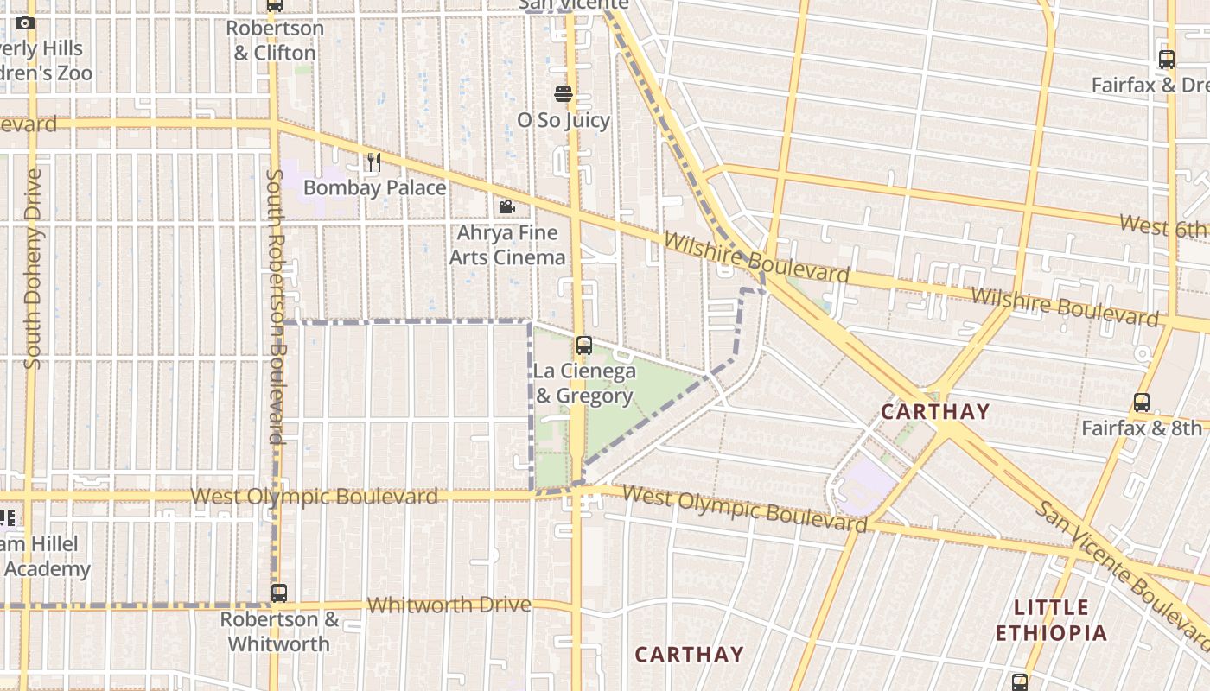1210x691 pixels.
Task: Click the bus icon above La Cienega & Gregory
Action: [x=584, y=345]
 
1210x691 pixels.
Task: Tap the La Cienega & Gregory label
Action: [x=584, y=384]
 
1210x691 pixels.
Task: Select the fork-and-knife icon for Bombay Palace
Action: [x=373, y=162]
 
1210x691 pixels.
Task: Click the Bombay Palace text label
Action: [x=374, y=187]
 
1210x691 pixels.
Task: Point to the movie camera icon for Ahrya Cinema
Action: [x=507, y=207]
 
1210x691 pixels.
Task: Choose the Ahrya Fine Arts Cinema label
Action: [x=507, y=245]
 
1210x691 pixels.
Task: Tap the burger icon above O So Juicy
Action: [x=564, y=94]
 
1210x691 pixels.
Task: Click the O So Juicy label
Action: [x=564, y=120]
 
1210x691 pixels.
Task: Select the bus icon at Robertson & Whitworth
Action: [x=278, y=593]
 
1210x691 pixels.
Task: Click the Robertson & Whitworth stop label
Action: [x=278, y=631]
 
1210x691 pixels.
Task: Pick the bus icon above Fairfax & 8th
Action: [x=1142, y=403]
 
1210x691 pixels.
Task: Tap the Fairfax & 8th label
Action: [x=1142, y=428]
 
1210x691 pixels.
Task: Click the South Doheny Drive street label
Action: [x=33, y=269]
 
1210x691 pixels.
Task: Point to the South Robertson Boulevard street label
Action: [x=276, y=307]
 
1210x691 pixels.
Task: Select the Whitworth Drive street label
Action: [x=449, y=605]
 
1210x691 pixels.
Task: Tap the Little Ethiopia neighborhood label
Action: [x=1051, y=620]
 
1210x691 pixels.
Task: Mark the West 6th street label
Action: [x=1162, y=226]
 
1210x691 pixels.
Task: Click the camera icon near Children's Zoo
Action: [x=25, y=22]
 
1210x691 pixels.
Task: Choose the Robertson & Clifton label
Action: [x=275, y=41]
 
